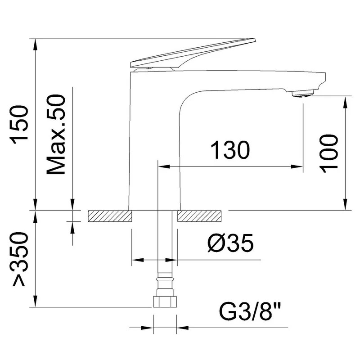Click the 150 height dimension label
pos(19,125)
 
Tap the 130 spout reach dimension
pos(230,150)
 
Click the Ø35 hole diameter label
pos(230,243)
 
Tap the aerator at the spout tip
pos(302,94)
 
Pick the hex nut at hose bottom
pos(165,301)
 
